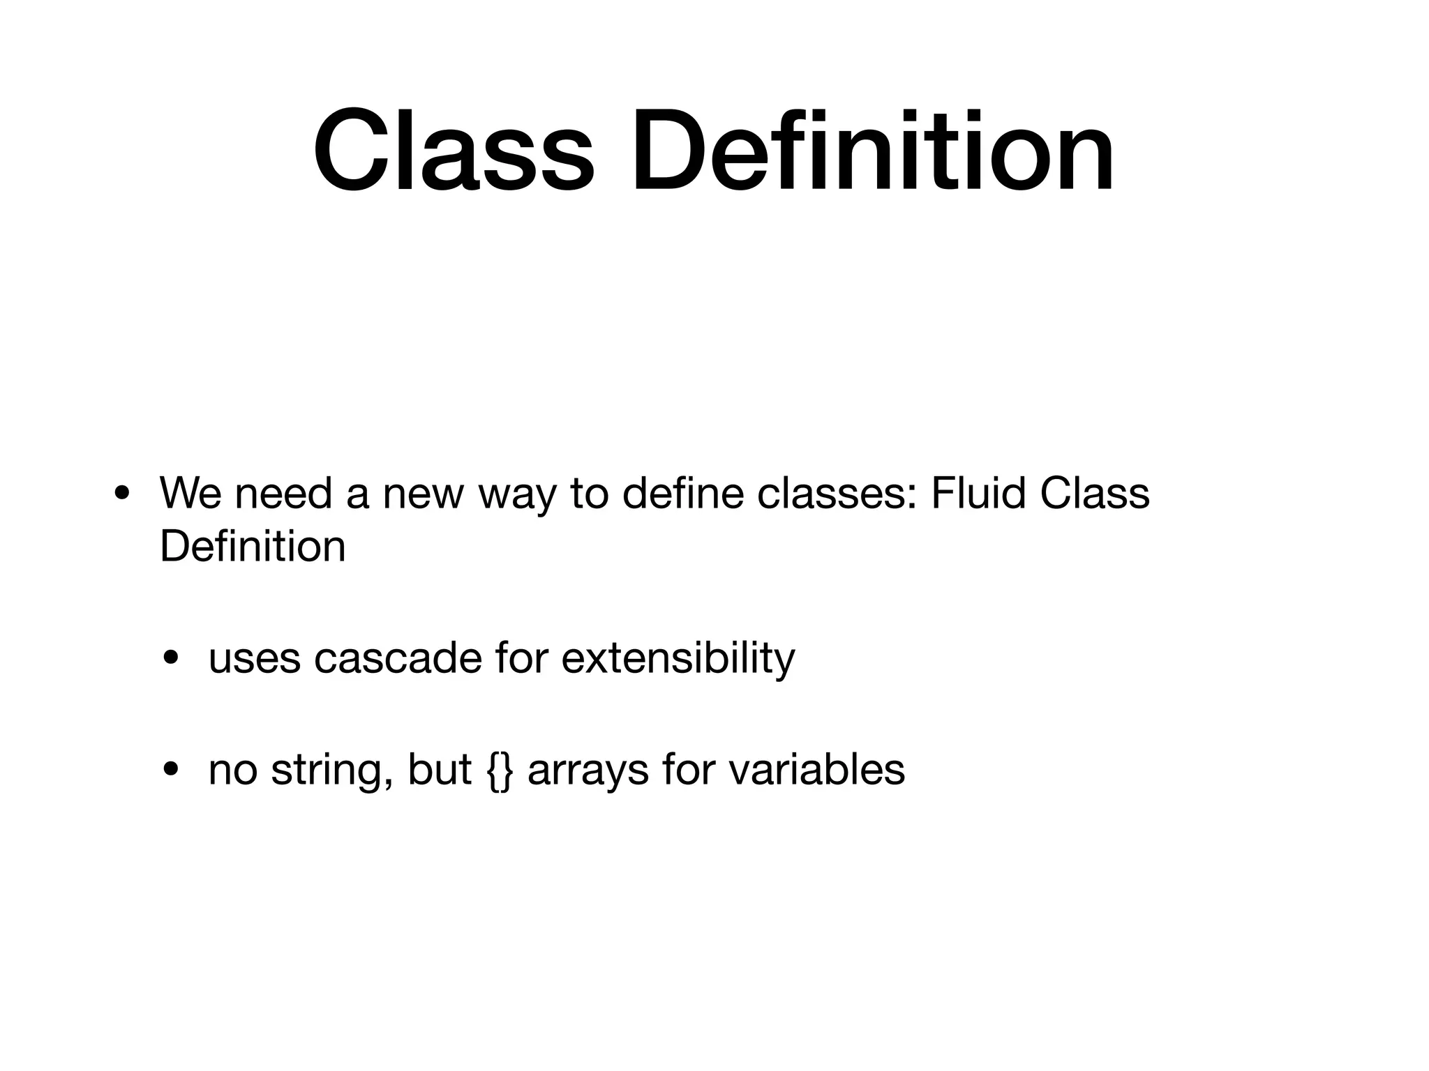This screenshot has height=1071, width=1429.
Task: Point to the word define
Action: [673, 494]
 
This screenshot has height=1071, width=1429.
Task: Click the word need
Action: [283, 494]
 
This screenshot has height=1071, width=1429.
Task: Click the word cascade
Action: [398, 658]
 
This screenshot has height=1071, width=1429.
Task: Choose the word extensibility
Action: [678, 659]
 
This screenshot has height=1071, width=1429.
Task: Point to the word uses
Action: [254, 659]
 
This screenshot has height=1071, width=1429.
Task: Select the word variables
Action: [816, 770]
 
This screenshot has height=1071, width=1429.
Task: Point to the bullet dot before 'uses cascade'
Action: [170, 659]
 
